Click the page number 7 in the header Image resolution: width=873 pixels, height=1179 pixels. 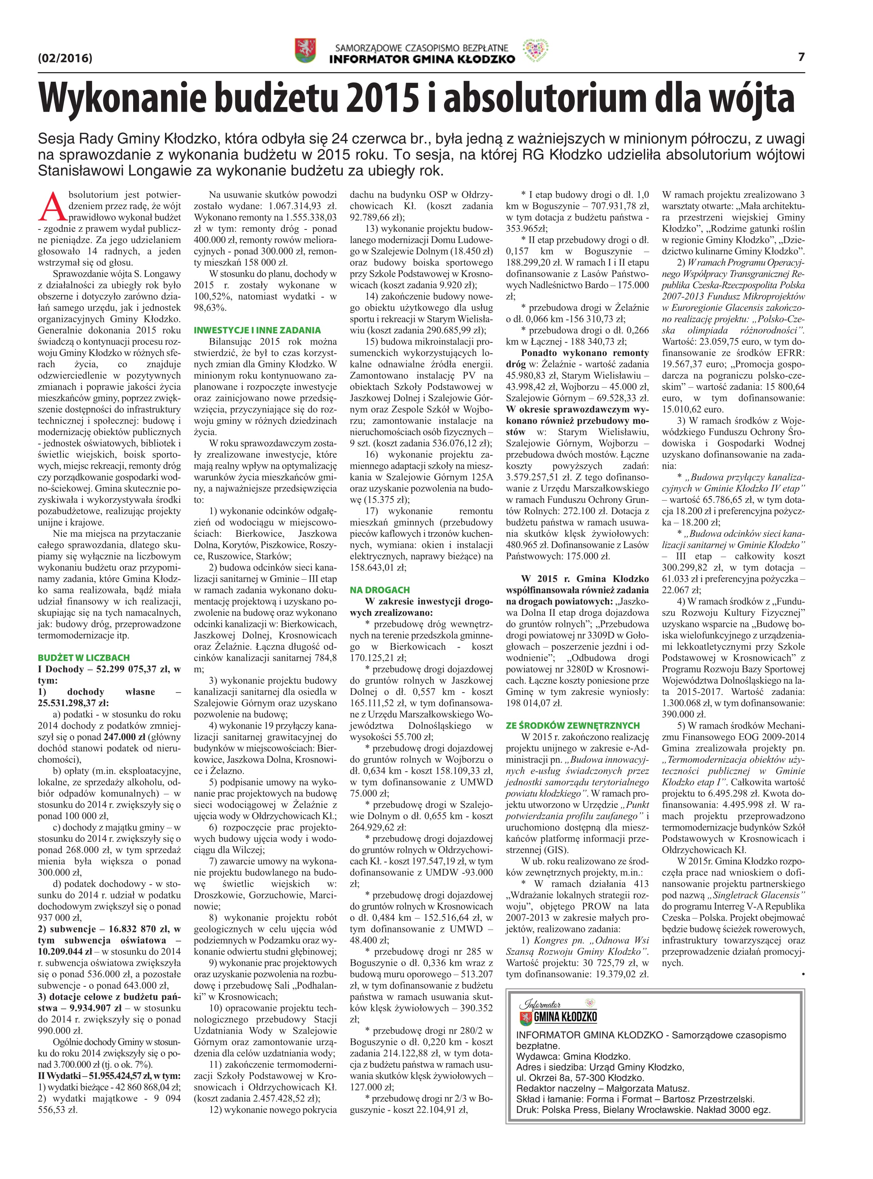click(x=801, y=56)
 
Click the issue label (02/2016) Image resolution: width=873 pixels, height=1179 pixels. click(x=65, y=58)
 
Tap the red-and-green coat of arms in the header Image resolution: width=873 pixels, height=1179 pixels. click(x=305, y=51)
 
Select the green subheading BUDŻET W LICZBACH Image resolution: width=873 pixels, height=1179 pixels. click(x=84, y=658)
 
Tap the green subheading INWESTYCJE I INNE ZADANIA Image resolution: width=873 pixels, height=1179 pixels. click(x=257, y=330)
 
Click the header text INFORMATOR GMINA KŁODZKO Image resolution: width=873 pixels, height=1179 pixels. click(x=422, y=59)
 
